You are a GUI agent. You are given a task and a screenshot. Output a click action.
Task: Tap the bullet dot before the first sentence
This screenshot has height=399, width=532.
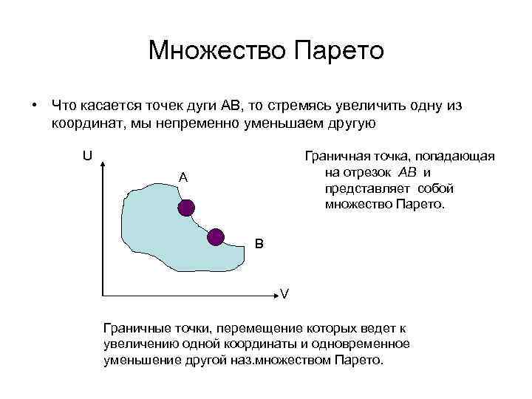tap(35, 106)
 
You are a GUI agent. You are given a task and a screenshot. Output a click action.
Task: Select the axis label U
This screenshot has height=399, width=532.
tap(87, 156)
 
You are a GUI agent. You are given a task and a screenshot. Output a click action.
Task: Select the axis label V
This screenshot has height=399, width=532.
tap(284, 294)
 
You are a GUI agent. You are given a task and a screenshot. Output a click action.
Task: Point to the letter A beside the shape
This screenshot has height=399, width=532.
tap(183, 177)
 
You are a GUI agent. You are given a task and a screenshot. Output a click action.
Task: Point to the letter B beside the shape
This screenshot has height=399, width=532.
tap(259, 242)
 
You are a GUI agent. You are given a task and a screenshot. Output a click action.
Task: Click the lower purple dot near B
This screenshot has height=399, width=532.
tap(215, 236)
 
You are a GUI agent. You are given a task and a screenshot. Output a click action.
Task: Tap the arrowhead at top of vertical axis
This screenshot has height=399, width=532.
tap(101, 160)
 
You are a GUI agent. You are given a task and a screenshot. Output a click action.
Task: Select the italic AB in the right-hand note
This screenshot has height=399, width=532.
tap(407, 172)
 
